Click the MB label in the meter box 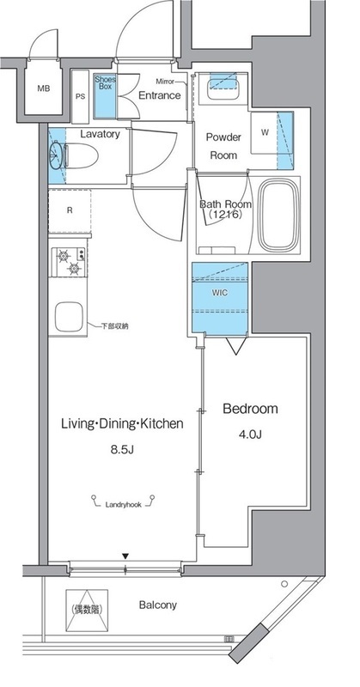click(x=44, y=88)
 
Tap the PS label click(x=80, y=97)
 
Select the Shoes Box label click(x=105, y=83)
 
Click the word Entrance click(x=160, y=95)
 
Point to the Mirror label click(x=165, y=82)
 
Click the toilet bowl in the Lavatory click(x=82, y=156)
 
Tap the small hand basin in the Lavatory click(x=56, y=155)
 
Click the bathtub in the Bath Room click(x=278, y=216)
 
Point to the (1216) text click(x=225, y=215)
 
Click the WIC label click(x=220, y=293)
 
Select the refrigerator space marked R click(x=70, y=210)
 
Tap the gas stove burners click(x=69, y=262)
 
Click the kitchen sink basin click(x=69, y=317)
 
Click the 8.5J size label click(x=121, y=449)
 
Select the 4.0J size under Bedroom click(x=250, y=435)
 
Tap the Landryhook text click(x=123, y=505)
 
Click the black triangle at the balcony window click(x=125, y=556)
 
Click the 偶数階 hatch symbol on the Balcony click(x=87, y=610)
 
